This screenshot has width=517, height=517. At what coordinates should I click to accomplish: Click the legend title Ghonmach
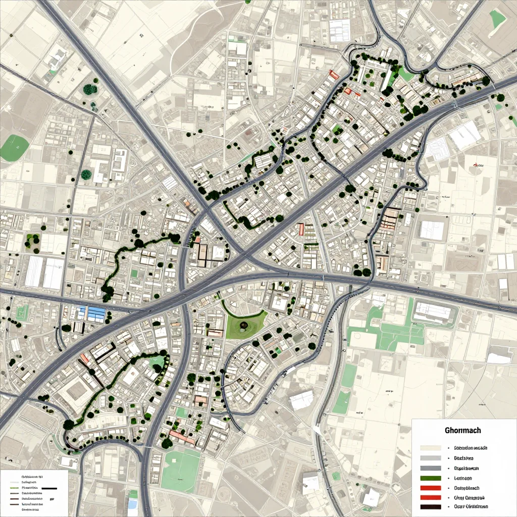click(462, 431)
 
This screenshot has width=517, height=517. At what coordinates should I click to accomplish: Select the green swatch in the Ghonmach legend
click(430, 478)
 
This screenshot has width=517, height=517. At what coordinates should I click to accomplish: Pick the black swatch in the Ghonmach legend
click(430, 507)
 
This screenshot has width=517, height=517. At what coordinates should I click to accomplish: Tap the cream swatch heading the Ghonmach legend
click(430, 448)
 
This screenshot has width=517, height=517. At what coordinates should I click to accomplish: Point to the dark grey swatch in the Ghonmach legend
click(430, 469)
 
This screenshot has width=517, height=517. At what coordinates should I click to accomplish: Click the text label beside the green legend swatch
click(463, 478)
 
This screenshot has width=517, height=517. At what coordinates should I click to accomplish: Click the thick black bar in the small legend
click(49, 489)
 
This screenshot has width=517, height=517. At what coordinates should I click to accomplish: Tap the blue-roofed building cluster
click(92, 313)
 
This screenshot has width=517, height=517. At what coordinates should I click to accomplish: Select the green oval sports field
click(14, 147)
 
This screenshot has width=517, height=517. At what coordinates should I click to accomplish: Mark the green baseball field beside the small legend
click(181, 471)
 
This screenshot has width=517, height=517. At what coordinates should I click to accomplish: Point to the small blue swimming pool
click(133, 504)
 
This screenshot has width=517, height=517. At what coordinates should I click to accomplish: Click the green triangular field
click(498, 19)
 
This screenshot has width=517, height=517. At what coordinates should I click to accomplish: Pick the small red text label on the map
click(478, 165)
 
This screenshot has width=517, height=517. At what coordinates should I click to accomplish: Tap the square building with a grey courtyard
click(77, 389)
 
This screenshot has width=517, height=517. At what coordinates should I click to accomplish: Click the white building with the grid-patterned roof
click(339, 30)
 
